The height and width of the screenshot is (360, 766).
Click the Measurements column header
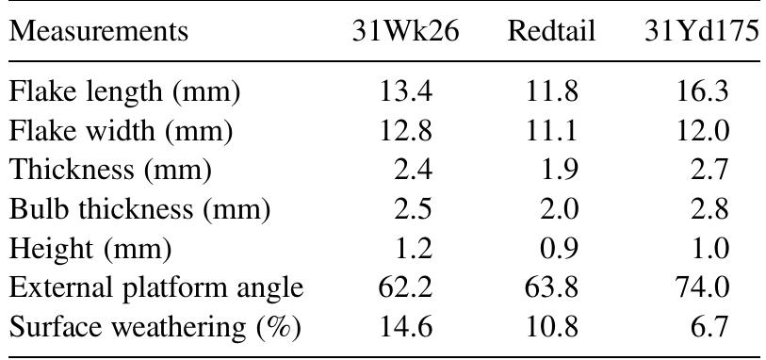pyautogui.click(x=98, y=31)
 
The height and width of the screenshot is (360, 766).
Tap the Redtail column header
pyautogui.click(x=551, y=31)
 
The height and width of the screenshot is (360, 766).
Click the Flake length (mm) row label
pyautogui.click(x=125, y=92)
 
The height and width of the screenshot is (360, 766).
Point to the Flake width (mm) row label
pyautogui.click(x=121, y=131)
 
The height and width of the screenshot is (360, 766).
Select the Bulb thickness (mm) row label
pyautogui.click(x=139, y=209)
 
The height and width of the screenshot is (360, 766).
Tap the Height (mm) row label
pyautogui.click(x=90, y=249)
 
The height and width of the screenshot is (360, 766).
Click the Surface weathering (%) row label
pyautogui.click(x=155, y=327)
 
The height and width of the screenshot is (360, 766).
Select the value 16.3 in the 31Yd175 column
pyautogui.click(x=701, y=92)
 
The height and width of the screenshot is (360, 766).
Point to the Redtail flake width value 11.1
pyautogui.click(x=551, y=131)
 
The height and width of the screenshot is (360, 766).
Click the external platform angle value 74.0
pyautogui.click(x=701, y=287)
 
